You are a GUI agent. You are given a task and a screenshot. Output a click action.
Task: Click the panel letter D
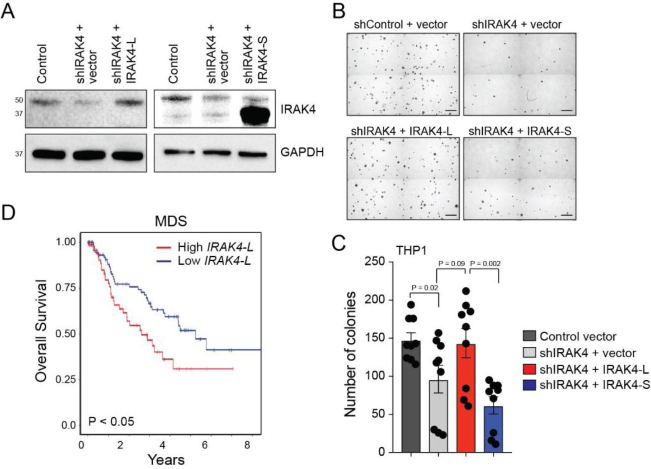pyautogui.click(x=9, y=212)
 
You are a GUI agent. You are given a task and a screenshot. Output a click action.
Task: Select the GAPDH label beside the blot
pyautogui.click(x=302, y=152)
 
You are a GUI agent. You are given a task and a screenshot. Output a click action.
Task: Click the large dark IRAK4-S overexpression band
pyautogui.click(x=255, y=114)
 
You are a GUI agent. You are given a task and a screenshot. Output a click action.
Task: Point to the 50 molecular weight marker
pyautogui.click(x=19, y=100)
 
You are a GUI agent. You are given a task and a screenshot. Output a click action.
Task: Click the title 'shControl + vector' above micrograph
pyautogui.click(x=400, y=25)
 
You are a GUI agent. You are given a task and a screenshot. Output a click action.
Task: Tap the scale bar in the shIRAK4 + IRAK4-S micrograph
pyautogui.click(x=566, y=215)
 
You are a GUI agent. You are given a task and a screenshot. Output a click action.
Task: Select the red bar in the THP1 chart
pyautogui.click(x=466, y=398)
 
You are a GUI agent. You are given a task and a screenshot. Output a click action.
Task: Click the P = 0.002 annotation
pyautogui.click(x=485, y=263)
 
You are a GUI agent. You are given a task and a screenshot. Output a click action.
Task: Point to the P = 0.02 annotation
pyautogui.click(x=425, y=288)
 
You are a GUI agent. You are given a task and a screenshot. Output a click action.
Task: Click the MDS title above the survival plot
pyautogui.click(x=171, y=221)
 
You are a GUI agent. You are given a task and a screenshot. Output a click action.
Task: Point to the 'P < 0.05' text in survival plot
pyautogui.click(x=111, y=421)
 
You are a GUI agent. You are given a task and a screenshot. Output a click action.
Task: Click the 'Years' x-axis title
pyautogui.click(x=166, y=460)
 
